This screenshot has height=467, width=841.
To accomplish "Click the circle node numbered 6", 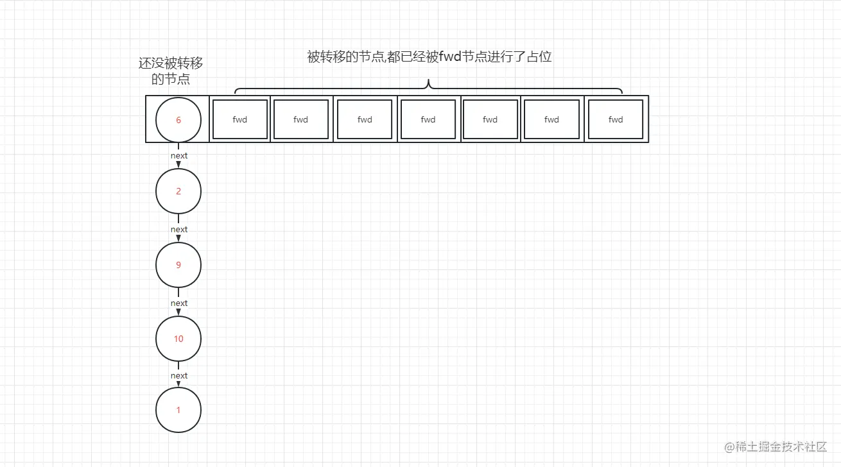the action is [x=178, y=119].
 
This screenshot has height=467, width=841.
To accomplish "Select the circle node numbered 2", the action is [x=178, y=191].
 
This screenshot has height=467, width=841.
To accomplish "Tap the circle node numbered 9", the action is [x=178, y=265].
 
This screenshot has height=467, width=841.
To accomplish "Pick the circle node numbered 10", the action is [x=178, y=338].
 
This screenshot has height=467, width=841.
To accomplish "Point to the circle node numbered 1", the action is [x=178, y=410].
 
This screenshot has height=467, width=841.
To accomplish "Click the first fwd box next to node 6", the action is [x=240, y=119].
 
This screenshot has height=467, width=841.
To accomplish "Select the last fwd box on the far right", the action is [x=616, y=119].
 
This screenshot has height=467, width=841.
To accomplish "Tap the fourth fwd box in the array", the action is [x=428, y=119].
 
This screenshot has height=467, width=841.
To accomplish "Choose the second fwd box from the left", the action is [x=300, y=119].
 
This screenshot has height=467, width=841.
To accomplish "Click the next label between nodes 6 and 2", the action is [x=179, y=155].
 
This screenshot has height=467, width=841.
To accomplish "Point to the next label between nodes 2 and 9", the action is [x=179, y=229].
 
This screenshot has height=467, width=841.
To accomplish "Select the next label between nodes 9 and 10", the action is [x=179, y=303].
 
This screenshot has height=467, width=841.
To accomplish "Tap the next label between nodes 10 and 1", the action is [x=179, y=375].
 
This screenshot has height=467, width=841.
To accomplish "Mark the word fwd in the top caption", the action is [x=451, y=56].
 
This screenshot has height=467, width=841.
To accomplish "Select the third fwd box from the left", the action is [x=365, y=119].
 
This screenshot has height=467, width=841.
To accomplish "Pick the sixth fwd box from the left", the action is [x=551, y=119].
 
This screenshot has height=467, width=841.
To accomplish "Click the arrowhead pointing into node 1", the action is [x=178, y=384].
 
